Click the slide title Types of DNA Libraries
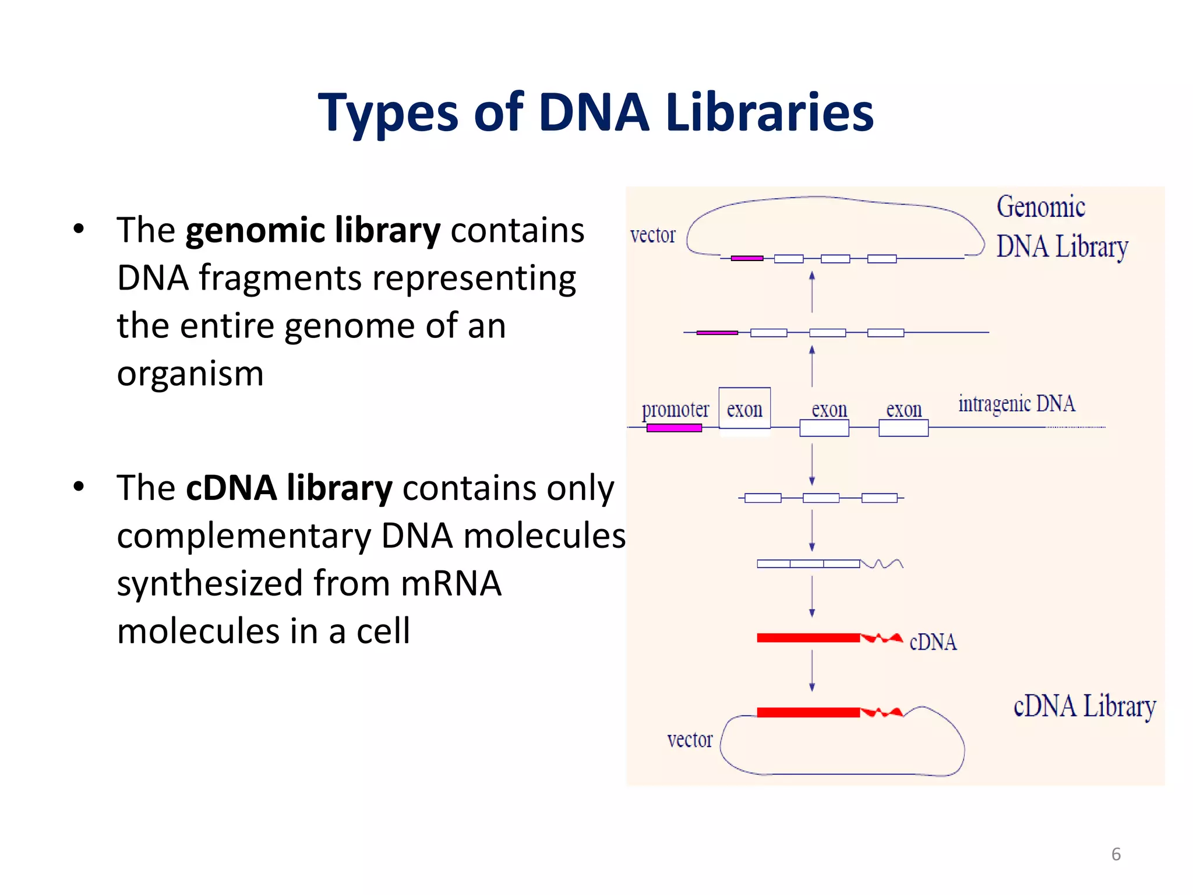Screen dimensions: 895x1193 coord(595,112)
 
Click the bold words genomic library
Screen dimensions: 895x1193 coord(313,230)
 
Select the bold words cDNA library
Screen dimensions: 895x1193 coord(289,488)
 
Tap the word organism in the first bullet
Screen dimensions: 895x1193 coord(190,373)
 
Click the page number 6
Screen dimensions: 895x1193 coord(1116,854)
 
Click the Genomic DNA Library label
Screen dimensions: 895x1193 coord(1061,227)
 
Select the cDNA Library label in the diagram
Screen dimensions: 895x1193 coord(1084,706)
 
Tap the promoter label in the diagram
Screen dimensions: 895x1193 coord(675,410)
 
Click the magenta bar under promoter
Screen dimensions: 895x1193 coord(674,428)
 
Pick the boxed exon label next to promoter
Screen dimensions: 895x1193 coord(744,409)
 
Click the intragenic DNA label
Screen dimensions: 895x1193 coord(1016,404)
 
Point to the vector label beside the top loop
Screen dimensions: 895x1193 coord(652,235)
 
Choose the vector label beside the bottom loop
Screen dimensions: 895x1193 coord(690,740)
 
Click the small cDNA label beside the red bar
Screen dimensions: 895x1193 coord(933,642)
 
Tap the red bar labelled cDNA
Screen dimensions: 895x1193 coord(809,638)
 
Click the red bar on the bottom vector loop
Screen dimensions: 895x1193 coord(809,712)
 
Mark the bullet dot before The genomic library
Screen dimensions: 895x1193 coord(79,229)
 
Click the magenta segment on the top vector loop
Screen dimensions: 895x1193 coord(747,258)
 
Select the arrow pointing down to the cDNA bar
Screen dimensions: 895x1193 coord(812,597)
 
